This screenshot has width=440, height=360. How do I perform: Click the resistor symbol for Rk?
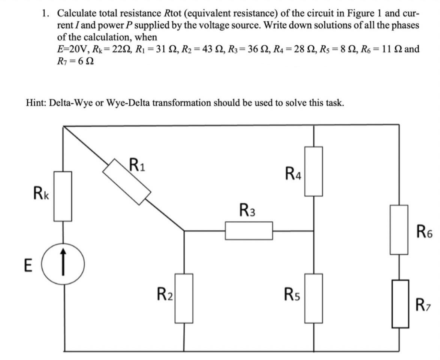point(63,196)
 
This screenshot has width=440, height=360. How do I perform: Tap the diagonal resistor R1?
point(127,182)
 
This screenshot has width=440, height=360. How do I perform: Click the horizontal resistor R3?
point(249,230)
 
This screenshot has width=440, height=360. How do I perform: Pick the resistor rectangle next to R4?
point(313,171)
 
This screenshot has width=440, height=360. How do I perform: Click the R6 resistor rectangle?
point(399,230)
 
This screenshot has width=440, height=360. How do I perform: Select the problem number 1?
point(45,14)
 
